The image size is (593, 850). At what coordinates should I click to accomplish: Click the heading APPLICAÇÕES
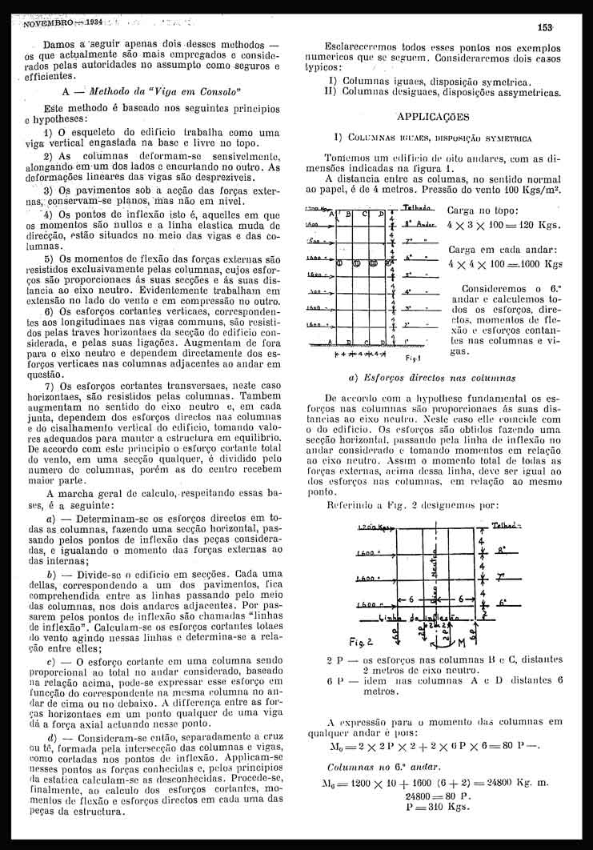point(431,116)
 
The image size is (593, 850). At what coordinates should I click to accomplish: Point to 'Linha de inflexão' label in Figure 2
point(422,617)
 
